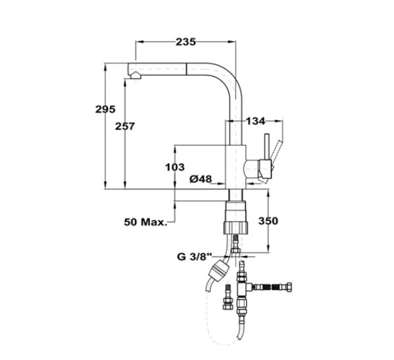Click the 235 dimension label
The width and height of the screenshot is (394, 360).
click(185, 41)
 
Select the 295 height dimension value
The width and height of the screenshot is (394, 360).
click(105, 109)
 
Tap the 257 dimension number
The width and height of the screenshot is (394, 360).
click(125, 126)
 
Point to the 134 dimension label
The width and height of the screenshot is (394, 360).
click(255, 121)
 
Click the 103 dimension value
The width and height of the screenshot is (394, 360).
click(175, 167)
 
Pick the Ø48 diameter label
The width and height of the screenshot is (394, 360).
click(201, 179)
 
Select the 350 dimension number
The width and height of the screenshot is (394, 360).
click(268, 221)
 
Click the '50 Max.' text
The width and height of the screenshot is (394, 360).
click(145, 222)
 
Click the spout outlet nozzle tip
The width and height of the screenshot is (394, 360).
click(135, 76)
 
